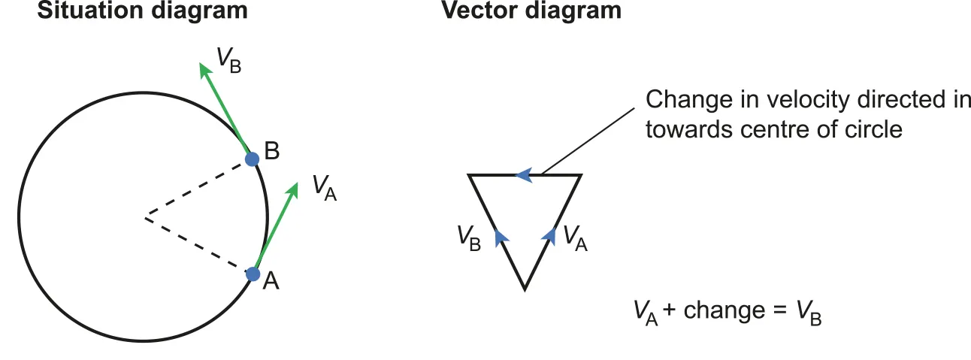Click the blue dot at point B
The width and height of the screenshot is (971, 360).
pos(253,159)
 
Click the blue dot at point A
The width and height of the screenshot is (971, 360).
pos(253,274)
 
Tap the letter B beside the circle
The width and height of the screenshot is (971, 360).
pos(272,151)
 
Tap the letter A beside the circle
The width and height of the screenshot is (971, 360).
pos(271,281)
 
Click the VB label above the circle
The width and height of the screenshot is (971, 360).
pos(228,60)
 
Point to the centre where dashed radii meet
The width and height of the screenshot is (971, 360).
pos(146,219)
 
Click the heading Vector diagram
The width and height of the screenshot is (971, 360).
pos(531,11)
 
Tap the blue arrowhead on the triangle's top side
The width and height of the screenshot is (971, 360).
pos(524,175)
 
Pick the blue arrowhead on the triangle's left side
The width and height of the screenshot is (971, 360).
pos(500,237)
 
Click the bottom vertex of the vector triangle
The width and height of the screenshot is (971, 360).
pos(525,288)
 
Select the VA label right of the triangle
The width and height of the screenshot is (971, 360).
pos(574,238)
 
